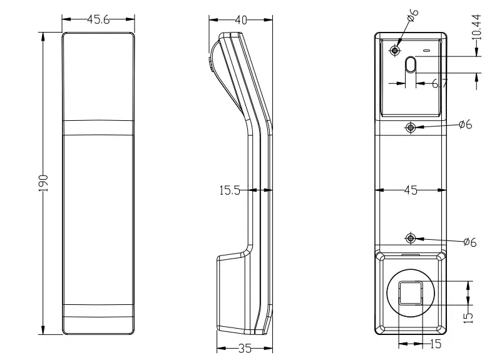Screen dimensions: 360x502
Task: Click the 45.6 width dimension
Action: (98, 19)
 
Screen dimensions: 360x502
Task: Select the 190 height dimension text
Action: (43, 183)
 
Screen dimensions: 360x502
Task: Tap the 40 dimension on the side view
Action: (240, 19)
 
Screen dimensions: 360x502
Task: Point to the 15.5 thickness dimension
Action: (230, 191)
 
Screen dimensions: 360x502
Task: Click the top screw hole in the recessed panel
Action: (396, 50)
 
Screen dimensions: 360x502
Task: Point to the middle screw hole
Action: (411, 128)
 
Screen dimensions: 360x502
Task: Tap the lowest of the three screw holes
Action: (411, 239)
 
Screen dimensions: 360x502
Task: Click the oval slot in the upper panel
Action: (411, 64)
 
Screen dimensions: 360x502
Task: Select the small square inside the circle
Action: (411, 293)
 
